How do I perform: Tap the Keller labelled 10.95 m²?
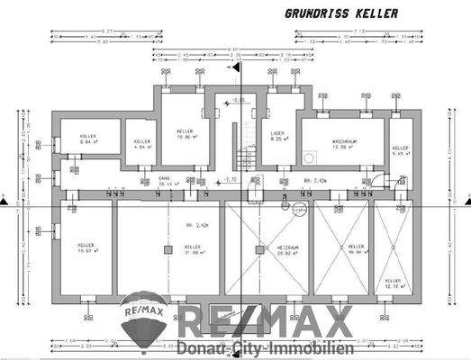point(186,136)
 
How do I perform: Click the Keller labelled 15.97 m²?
point(86,247)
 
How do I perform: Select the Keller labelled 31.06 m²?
point(192,249)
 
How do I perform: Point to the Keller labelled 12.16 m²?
point(394,283)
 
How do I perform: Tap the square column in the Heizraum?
point(258,247)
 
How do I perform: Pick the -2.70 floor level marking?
point(231,180)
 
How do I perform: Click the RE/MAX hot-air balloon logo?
point(143,319)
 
